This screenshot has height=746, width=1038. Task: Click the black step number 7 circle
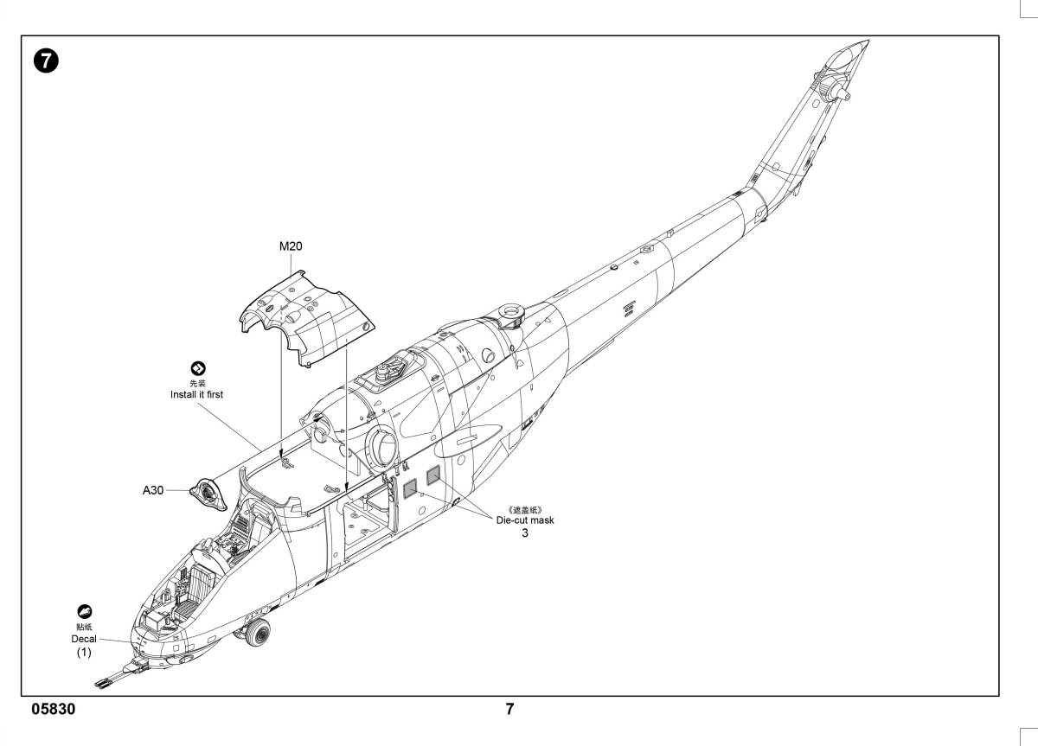point(46,61)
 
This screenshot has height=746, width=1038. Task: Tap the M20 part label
point(291,246)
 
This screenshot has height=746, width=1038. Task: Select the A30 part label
point(153,490)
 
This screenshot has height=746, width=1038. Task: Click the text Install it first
point(196,394)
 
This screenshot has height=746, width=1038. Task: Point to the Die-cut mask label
point(525,520)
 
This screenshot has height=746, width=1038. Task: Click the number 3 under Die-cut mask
point(524,533)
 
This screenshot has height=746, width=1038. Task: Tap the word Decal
point(84,639)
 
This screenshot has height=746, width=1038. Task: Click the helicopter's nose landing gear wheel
point(257,632)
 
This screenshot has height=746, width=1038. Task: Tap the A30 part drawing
point(208,494)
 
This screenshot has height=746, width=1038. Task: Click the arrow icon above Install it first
point(198,368)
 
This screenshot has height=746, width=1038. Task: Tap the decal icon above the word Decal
point(85,612)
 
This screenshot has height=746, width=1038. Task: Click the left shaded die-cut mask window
point(410,489)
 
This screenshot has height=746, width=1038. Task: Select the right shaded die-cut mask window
point(433,475)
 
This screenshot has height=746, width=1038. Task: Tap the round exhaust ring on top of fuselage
point(510,310)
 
